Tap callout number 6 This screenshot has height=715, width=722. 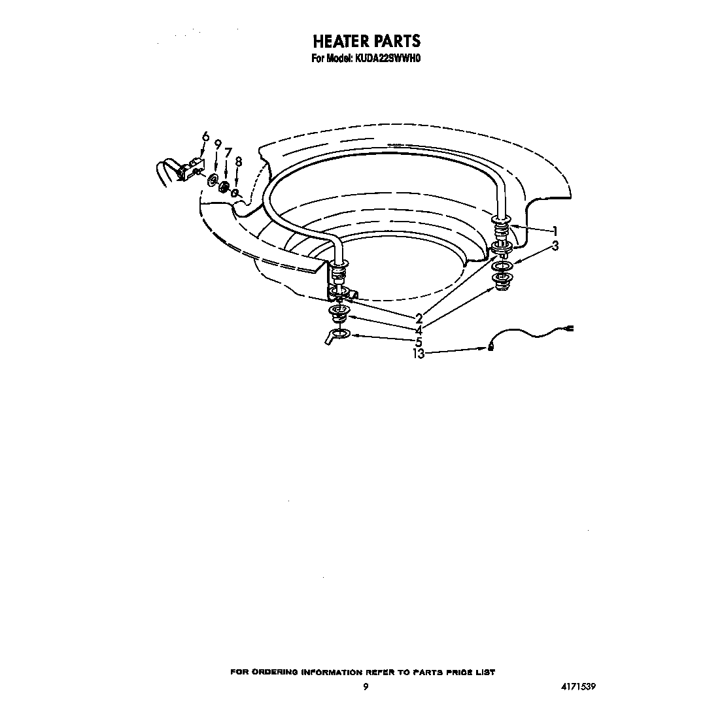tap(205, 137)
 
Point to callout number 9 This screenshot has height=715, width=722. tap(218, 144)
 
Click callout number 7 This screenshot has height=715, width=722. tap(228, 152)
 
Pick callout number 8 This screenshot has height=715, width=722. tap(239, 162)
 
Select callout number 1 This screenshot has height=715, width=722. tap(555, 231)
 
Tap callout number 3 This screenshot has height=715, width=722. tap(555, 246)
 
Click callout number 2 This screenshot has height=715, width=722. tap(419, 318)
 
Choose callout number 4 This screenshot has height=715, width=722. tap(419, 330)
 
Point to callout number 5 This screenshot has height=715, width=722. tap(419, 342)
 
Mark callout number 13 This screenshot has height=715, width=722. tap(419, 354)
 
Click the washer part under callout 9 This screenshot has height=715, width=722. tap(213, 180)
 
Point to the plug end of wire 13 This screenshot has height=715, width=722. tap(569, 329)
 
